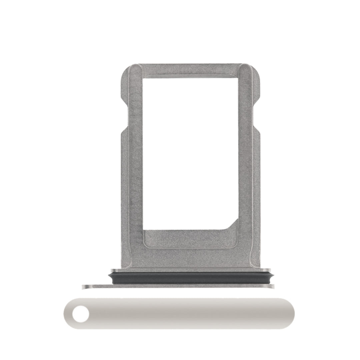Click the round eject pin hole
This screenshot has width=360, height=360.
point(81,314)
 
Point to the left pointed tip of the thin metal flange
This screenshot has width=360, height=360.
point(84,286)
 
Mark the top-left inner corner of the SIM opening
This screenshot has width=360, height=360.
point(144,79)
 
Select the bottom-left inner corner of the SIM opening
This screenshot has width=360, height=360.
point(144,230)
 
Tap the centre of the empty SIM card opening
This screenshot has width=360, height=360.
point(190,153)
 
